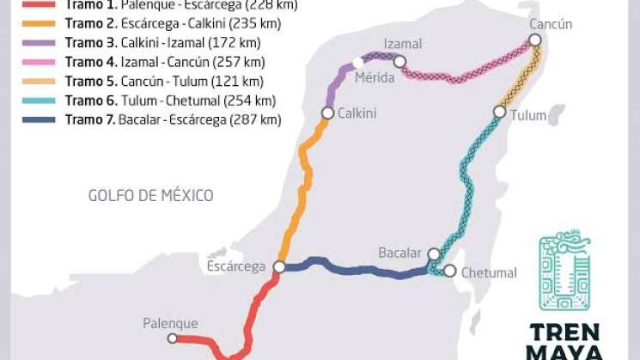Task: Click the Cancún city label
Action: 551,24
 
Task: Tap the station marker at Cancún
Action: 535,40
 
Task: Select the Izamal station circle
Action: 399,61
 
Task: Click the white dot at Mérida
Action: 357,62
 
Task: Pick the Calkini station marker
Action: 327,113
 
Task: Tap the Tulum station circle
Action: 499,112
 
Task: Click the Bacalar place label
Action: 400,253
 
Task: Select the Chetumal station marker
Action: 449,271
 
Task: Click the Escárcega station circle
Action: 279,267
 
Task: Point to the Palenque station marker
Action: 172,339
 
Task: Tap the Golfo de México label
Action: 150,196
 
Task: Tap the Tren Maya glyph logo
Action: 564,270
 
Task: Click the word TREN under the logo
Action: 565,333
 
